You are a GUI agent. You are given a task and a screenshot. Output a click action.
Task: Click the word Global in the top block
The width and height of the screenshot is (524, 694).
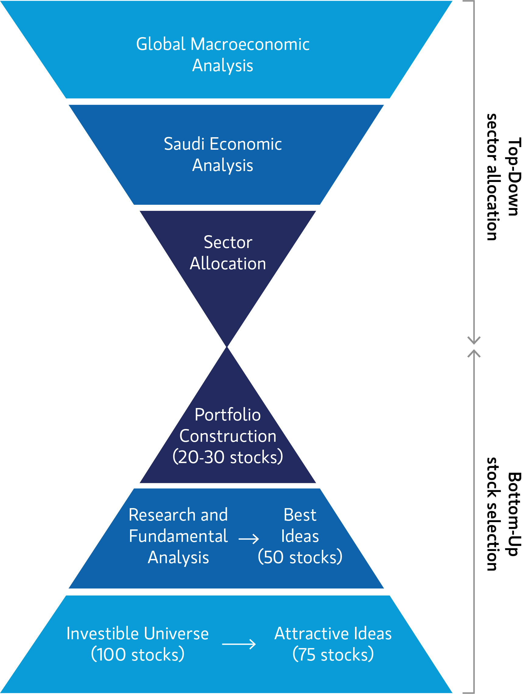(161, 44)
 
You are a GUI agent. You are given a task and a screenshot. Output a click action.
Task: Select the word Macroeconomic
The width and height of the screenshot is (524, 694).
(250, 44)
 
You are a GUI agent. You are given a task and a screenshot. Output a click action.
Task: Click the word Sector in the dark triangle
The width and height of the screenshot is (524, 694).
(228, 242)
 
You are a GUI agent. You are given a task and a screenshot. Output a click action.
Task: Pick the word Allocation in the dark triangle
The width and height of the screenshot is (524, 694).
(228, 263)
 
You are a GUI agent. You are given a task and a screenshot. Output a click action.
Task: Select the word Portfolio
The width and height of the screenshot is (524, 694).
(228, 415)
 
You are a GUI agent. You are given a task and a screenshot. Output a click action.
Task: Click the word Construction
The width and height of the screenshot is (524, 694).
(228, 436)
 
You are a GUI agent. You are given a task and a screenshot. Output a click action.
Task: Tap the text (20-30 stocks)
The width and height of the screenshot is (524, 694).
(228, 457)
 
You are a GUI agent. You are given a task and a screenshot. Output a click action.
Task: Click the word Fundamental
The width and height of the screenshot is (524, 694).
(178, 536)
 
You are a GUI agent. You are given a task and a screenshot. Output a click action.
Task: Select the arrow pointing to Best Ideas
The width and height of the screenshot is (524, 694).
(249, 539)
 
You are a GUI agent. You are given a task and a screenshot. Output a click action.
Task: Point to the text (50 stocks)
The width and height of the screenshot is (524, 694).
(300, 557)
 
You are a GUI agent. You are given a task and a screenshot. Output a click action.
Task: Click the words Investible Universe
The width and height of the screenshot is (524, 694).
(138, 633)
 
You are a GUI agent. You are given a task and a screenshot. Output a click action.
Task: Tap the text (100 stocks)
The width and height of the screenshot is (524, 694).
(138, 654)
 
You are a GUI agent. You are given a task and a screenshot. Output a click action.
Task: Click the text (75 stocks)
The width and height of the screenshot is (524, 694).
(333, 654)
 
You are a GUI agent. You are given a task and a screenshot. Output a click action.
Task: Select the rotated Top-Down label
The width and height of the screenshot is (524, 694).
(514, 177)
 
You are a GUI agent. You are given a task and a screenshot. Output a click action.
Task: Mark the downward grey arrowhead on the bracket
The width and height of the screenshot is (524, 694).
(474, 341)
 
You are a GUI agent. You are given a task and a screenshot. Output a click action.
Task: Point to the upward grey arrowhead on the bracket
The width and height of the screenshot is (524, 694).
(474, 354)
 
